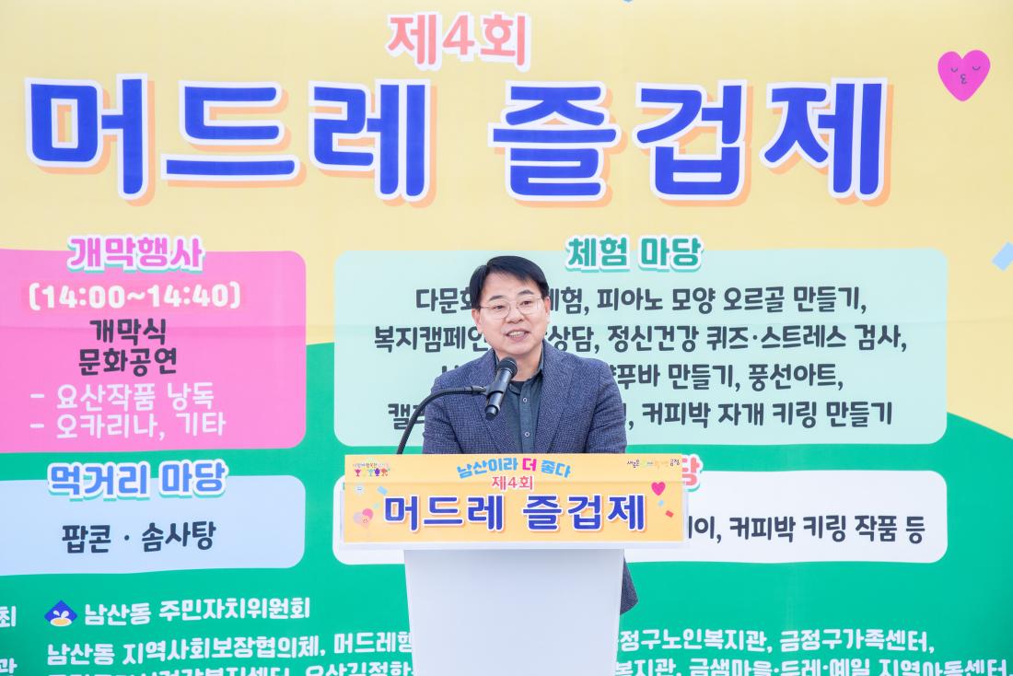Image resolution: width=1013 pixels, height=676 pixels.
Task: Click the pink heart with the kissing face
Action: (963, 75)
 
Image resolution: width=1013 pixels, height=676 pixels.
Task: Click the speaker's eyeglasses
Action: (512, 306)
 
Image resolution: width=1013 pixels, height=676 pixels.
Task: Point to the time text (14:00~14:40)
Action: (135, 296)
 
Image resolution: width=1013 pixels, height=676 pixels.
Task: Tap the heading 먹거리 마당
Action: (136, 480)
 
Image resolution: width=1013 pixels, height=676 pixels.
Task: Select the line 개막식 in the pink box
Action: (128, 331)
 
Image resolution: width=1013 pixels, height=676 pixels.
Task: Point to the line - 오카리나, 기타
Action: (128, 425)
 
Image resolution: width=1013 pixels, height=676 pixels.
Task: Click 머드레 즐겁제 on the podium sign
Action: (514, 513)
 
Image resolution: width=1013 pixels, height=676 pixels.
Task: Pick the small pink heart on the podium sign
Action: (658, 487)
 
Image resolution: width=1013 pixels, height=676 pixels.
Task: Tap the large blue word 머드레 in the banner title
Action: (230, 138)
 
